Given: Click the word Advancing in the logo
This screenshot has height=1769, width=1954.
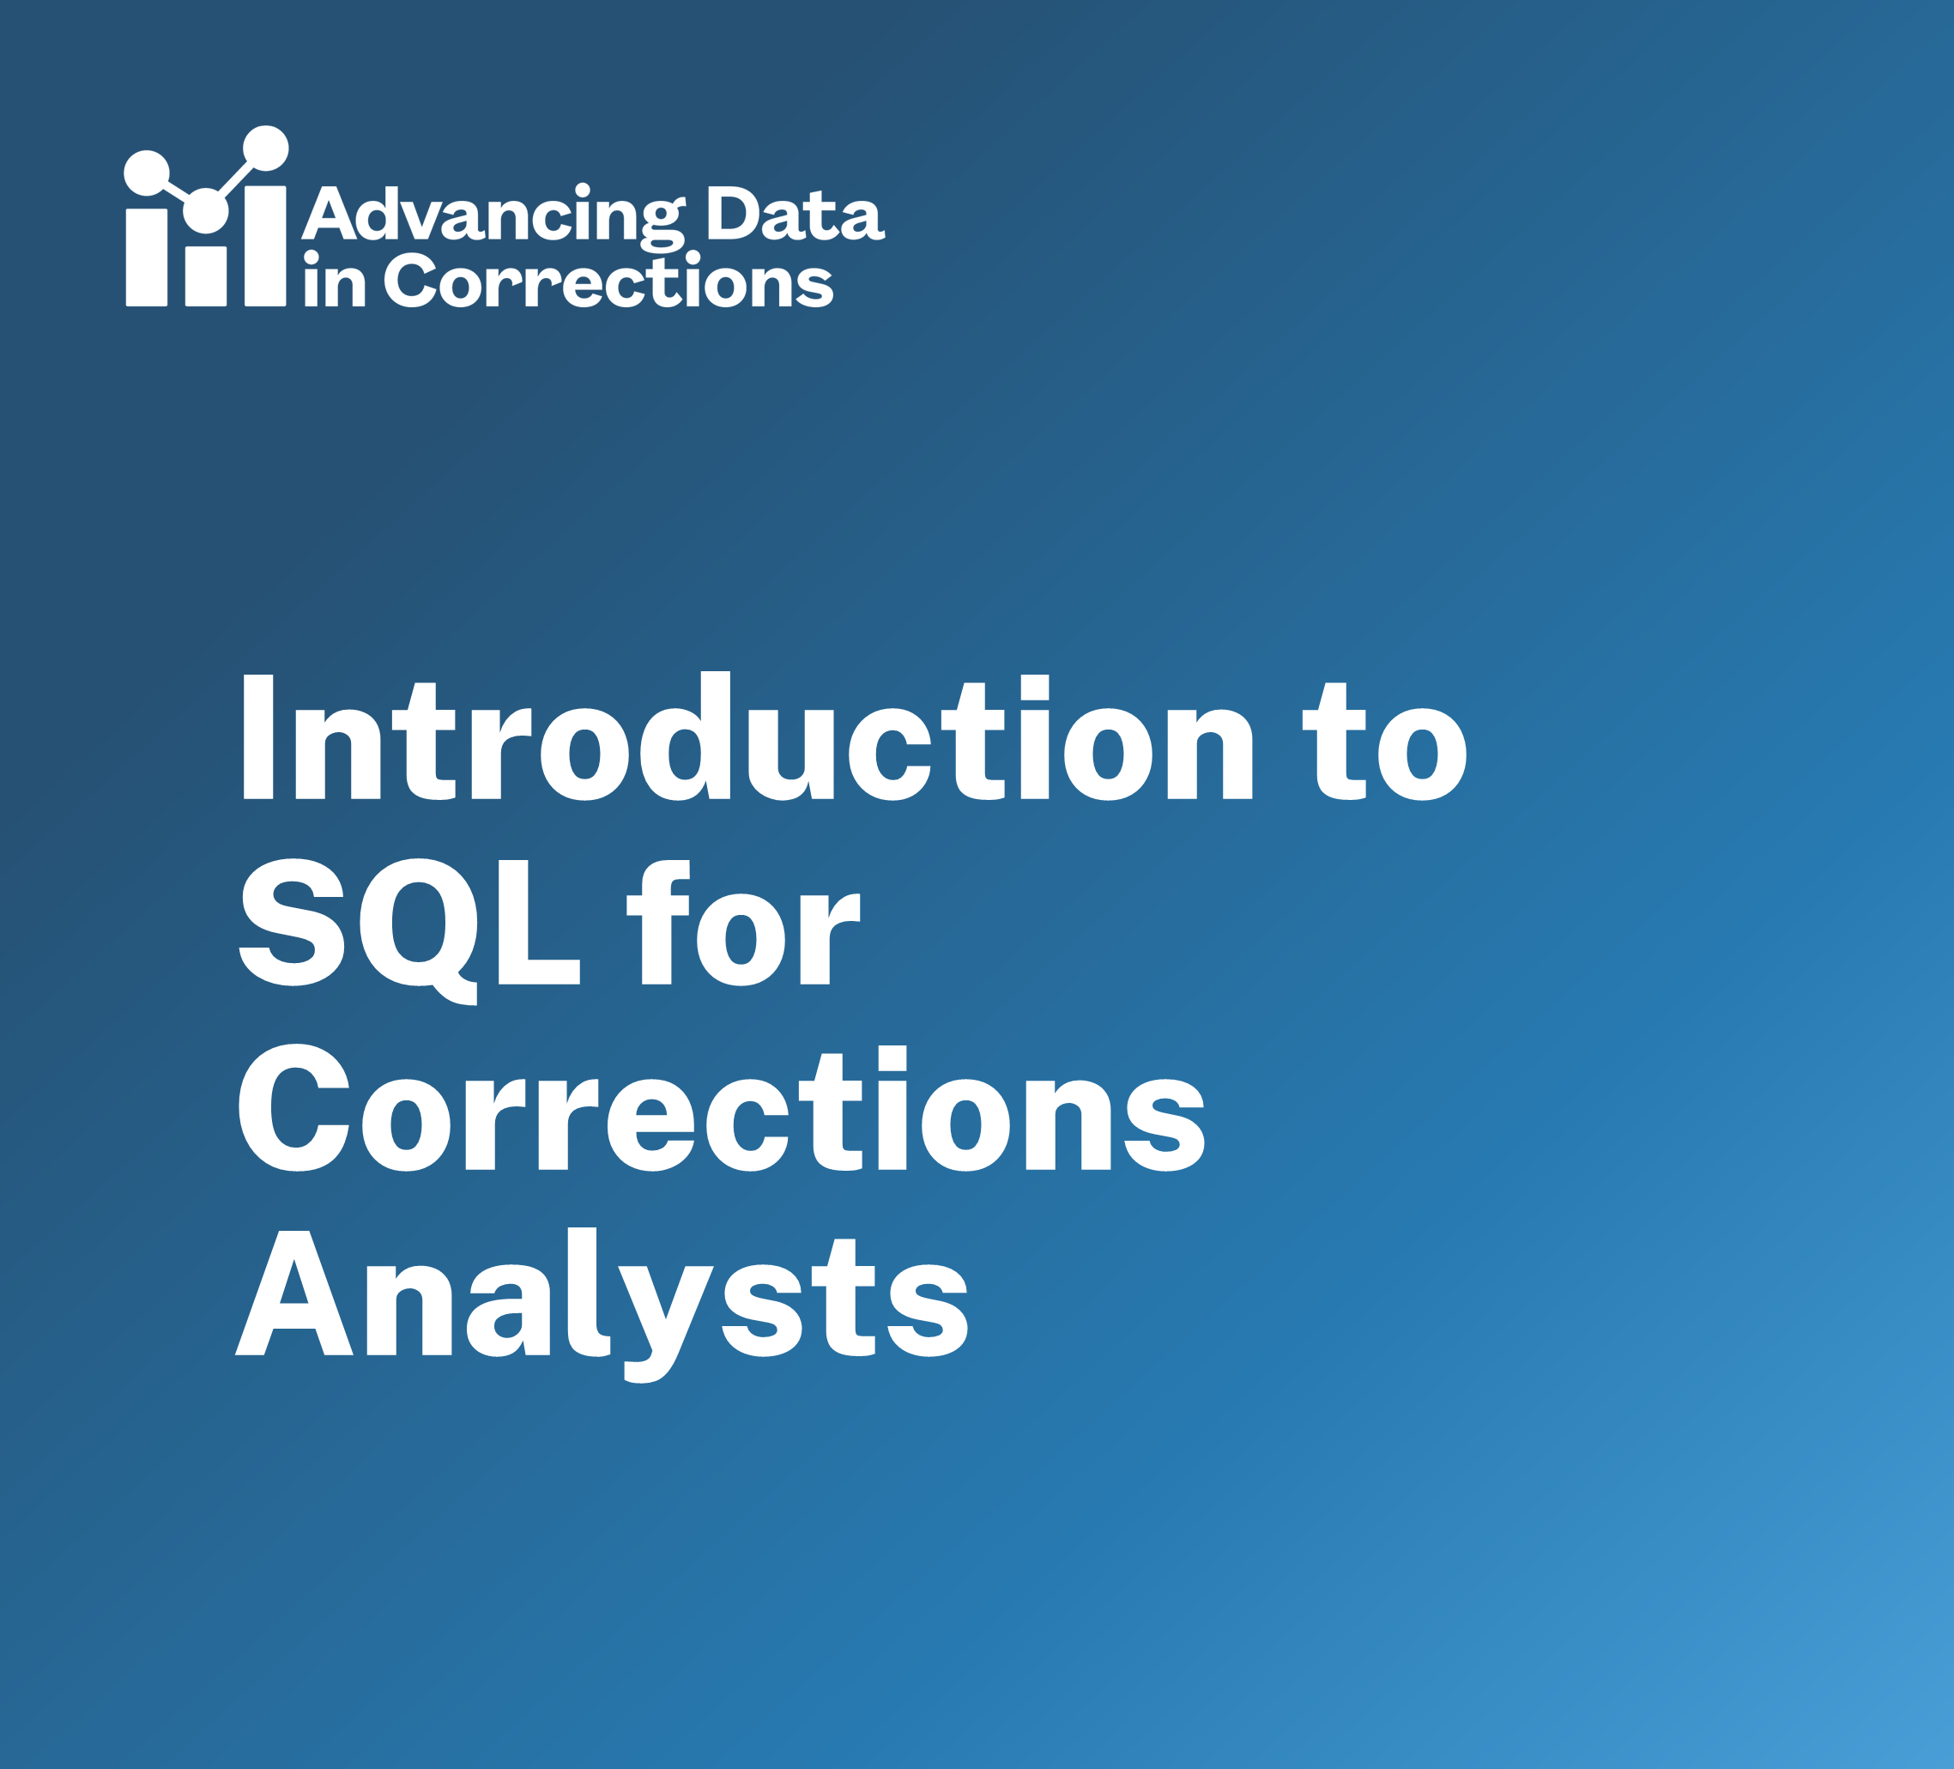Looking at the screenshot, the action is [x=494, y=217].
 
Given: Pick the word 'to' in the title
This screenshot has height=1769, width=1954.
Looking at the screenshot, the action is [x=1384, y=742].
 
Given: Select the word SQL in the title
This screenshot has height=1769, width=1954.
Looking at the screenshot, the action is [x=409, y=930].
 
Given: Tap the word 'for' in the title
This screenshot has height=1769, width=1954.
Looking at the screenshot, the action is [x=743, y=921].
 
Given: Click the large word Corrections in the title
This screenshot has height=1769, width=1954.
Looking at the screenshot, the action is [x=721, y=1108].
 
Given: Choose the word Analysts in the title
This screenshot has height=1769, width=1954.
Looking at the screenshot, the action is [x=602, y=1304].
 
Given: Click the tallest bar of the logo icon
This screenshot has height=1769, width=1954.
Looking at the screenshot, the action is [x=265, y=245].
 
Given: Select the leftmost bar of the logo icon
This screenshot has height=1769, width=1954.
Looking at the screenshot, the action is [x=147, y=257].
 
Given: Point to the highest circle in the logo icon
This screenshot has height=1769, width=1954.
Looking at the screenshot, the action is [x=265, y=148].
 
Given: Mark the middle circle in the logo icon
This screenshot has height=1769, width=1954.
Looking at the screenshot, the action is [x=205, y=210].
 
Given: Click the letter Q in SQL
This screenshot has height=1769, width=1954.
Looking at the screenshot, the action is [x=420, y=931].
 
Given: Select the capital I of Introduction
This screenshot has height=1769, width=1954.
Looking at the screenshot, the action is [x=257, y=737].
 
